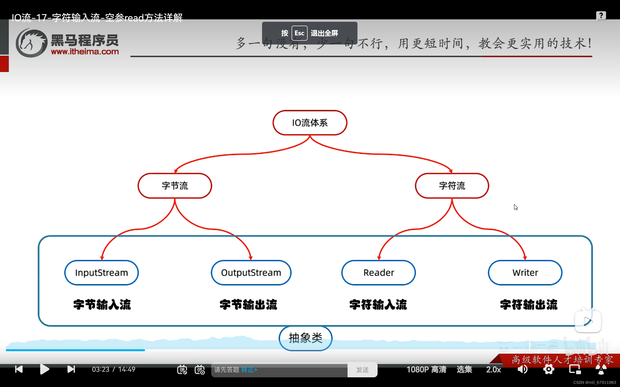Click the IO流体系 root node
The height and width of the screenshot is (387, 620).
[310, 123]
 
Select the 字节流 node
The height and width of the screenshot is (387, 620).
[175, 186]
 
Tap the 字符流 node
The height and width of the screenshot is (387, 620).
[452, 186]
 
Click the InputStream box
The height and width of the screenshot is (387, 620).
[101, 273]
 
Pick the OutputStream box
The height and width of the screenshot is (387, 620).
[251, 273]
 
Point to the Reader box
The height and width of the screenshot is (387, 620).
[378, 273]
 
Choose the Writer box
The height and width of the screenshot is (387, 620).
[525, 273]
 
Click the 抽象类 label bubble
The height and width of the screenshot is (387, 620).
[305, 338]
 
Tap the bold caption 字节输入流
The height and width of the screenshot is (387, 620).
[102, 305]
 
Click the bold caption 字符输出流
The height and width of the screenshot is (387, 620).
[528, 305]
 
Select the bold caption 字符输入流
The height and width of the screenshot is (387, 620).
[378, 305]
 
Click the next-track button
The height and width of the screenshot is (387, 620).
[71, 369]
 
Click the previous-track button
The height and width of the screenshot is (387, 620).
[19, 369]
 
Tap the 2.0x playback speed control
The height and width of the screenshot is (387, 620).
[493, 369]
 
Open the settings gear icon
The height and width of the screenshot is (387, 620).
[549, 369]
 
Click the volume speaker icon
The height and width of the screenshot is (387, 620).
[522, 369]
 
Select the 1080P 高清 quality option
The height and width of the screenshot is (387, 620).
[426, 369]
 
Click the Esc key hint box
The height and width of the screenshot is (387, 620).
[299, 33]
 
